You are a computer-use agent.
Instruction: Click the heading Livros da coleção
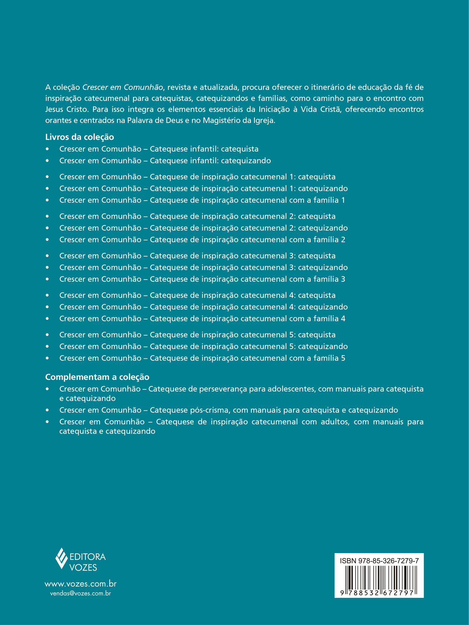[79, 137]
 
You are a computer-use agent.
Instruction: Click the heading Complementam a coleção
[97, 377]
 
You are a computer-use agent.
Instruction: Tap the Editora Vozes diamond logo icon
[62, 558]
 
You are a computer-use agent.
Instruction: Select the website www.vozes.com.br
[80, 584]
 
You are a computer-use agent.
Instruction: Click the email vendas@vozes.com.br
[80, 593]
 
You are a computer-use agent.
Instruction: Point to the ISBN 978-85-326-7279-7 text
[379, 561]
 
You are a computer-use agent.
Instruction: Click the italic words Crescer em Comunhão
[123, 87]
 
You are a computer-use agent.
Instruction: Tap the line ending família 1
[202, 200]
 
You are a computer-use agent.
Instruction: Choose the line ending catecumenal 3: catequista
[197, 256]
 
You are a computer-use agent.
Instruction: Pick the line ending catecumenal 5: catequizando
[203, 346]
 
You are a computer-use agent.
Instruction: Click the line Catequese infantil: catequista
[159, 149]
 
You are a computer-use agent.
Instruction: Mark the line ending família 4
[202, 318]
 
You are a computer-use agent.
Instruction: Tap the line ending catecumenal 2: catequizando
[203, 228]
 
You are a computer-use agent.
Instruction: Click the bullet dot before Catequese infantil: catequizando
[47, 161]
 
